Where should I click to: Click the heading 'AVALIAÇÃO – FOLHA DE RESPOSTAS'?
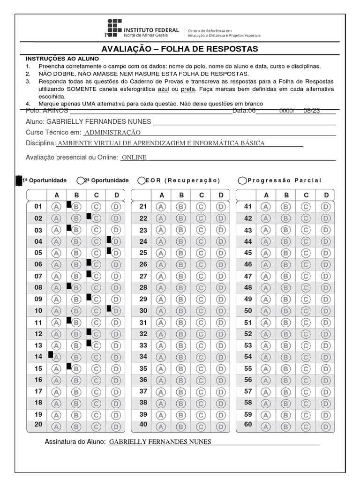180,49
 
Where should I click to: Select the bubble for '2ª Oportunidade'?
81,180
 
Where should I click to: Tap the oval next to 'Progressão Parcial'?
242,180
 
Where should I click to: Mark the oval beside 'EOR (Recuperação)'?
141,180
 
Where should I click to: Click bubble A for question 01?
57,207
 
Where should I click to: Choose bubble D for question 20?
116,426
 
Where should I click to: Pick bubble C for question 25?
201,253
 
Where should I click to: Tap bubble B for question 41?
285,207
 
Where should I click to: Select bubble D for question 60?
325,426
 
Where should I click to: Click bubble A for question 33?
161,345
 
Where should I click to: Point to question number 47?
248,276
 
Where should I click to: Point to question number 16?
38,380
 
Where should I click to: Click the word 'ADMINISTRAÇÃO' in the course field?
112,133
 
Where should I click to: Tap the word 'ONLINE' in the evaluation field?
134,157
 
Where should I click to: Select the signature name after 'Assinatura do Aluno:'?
160,442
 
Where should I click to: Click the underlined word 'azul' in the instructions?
163,89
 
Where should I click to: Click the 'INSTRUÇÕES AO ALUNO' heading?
62,59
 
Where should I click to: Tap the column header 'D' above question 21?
220,195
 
